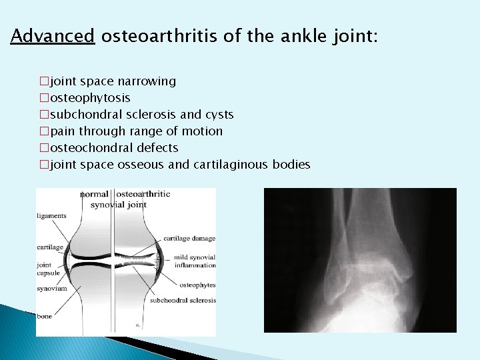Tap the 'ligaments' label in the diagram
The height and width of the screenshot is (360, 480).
pos(52,216)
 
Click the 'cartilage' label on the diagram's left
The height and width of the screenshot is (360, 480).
pos(51,247)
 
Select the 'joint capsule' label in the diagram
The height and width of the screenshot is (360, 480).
pos(48,268)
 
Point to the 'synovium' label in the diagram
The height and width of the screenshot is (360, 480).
pos(51,289)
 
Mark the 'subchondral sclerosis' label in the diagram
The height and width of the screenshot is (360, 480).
pos(183,300)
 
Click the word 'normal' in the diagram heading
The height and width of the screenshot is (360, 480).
pos(94,194)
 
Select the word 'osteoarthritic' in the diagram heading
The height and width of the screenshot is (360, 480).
pos(143,194)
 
